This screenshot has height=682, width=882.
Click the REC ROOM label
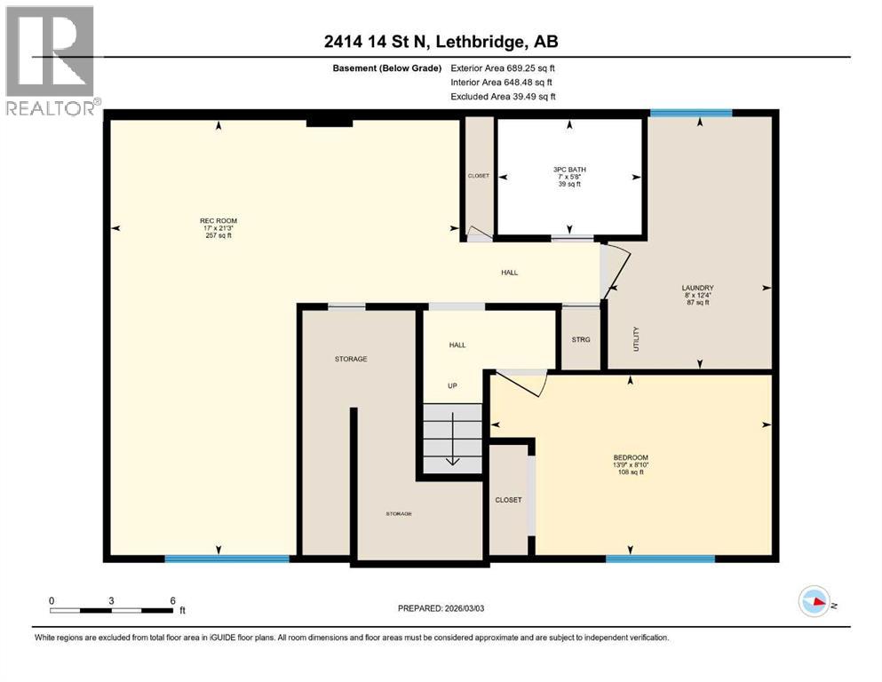[x=218, y=221]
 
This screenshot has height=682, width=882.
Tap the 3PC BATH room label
[x=569, y=169]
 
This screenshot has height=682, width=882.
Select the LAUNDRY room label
[x=697, y=288]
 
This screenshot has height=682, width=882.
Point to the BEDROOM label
[x=630, y=456]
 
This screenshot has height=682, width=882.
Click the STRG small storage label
[x=580, y=339]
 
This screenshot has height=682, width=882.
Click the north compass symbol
[x=814, y=602]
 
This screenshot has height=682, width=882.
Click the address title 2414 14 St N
[x=441, y=42]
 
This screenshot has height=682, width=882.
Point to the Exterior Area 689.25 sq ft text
[x=503, y=67]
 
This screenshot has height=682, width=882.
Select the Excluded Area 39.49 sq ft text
[x=503, y=96]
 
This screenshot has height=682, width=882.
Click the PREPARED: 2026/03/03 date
[x=441, y=608]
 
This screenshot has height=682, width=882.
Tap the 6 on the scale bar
[x=171, y=599]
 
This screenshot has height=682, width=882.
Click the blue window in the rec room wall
[x=226, y=559]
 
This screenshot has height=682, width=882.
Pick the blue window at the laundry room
[x=690, y=113]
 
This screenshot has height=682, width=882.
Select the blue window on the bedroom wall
[x=660, y=559]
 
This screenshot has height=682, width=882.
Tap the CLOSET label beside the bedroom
[x=508, y=499]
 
